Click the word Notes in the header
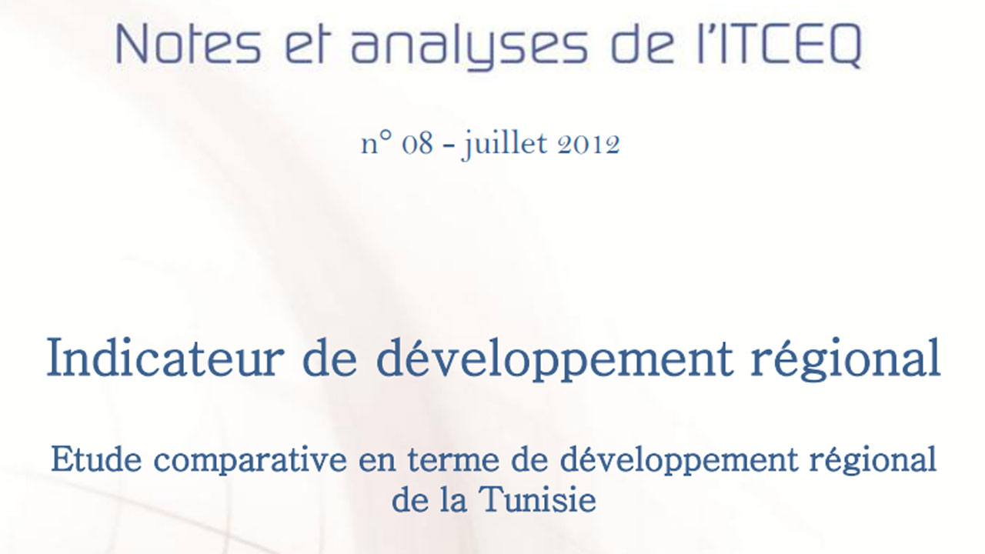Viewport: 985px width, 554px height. [x=189, y=44]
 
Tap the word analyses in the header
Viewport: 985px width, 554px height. [x=469, y=46]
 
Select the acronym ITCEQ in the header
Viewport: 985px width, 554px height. [x=787, y=45]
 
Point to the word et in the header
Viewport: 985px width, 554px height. [x=306, y=45]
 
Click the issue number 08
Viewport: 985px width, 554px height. [x=417, y=144]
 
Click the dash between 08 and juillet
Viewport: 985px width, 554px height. [x=448, y=145]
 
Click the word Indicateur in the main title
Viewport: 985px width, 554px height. [x=165, y=358]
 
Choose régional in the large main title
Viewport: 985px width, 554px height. [x=846, y=359]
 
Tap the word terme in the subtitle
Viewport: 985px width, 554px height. [x=453, y=461]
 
